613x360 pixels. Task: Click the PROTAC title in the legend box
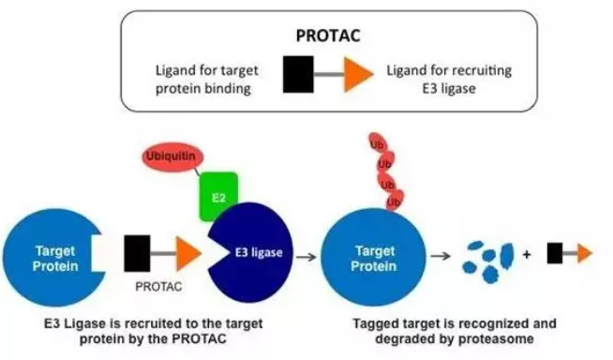(x=328, y=36)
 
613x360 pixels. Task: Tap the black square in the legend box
(x=298, y=74)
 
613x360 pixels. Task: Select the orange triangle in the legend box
(x=357, y=74)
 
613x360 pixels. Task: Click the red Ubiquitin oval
(x=172, y=157)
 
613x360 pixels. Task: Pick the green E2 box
(x=218, y=195)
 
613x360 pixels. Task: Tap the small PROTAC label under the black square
(x=158, y=287)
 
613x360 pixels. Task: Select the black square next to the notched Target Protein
(x=137, y=253)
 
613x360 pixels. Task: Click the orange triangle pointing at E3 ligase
(x=188, y=253)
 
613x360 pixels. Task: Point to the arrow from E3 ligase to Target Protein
(x=306, y=257)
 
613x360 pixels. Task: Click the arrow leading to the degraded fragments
(x=441, y=256)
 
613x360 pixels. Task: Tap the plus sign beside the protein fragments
(x=527, y=254)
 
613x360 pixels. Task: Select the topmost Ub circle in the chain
(x=377, y=144)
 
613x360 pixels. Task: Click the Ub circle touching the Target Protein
(x=394, y=201)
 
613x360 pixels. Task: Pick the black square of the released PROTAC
(x=555, y=253)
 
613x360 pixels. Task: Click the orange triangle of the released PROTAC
(x=585, y=253)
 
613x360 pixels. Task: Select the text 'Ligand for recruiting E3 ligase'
(x=449, y=80)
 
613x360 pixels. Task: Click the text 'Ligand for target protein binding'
(x=206, y=80)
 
